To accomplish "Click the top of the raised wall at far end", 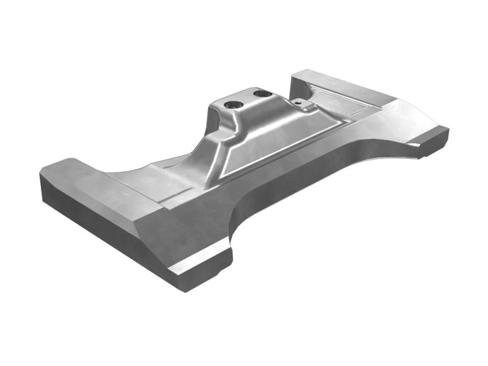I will coord(342,85).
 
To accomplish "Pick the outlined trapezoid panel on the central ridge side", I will coord(281,146).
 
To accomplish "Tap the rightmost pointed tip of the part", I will coord(448,129).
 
